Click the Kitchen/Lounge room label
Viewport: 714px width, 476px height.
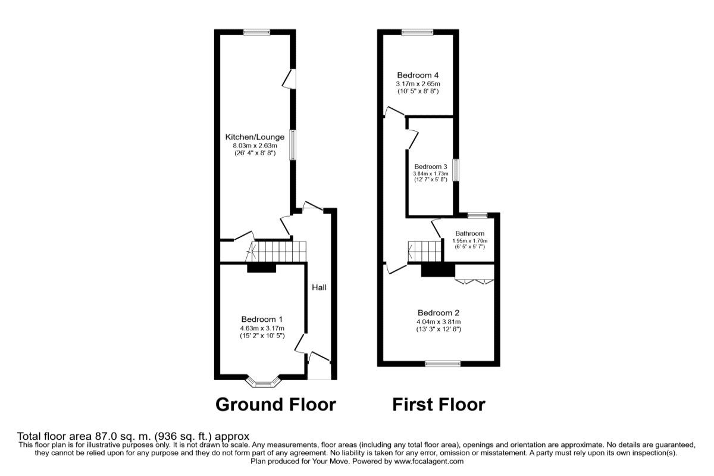point(255,137)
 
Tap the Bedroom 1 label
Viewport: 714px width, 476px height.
point(262,318)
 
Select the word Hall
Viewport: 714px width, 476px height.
point(320,287)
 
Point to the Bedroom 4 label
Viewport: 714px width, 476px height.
point(418,76)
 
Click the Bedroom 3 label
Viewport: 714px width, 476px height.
point(430,167)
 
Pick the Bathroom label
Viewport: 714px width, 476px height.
point(470,233)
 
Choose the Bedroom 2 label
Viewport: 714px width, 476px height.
point(438,313)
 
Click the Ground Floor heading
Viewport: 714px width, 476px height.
point(275,405)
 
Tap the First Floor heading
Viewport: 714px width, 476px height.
point(439,405)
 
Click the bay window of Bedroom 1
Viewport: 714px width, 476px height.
point(262,379)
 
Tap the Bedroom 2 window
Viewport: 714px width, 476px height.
point(443,363)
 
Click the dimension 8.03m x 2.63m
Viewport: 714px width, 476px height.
point(255,145)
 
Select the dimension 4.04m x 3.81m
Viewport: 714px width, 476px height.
point(439,322)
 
